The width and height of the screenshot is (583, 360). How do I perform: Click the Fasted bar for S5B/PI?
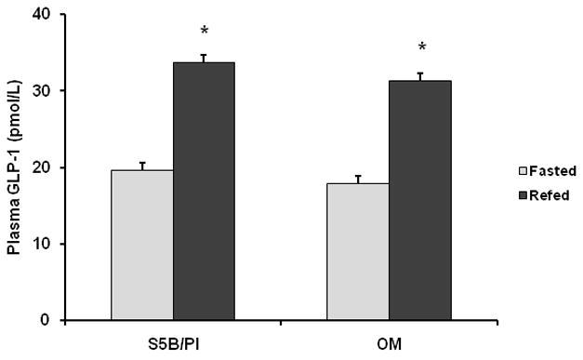pos(142,246)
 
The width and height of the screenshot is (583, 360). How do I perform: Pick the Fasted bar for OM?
pos(358,252)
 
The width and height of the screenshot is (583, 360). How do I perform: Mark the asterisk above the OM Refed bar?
pos(422,48)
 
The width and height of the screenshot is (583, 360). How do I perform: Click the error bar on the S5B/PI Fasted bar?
pos(142,166)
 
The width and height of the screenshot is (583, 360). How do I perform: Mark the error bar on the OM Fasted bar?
pos(358,179)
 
